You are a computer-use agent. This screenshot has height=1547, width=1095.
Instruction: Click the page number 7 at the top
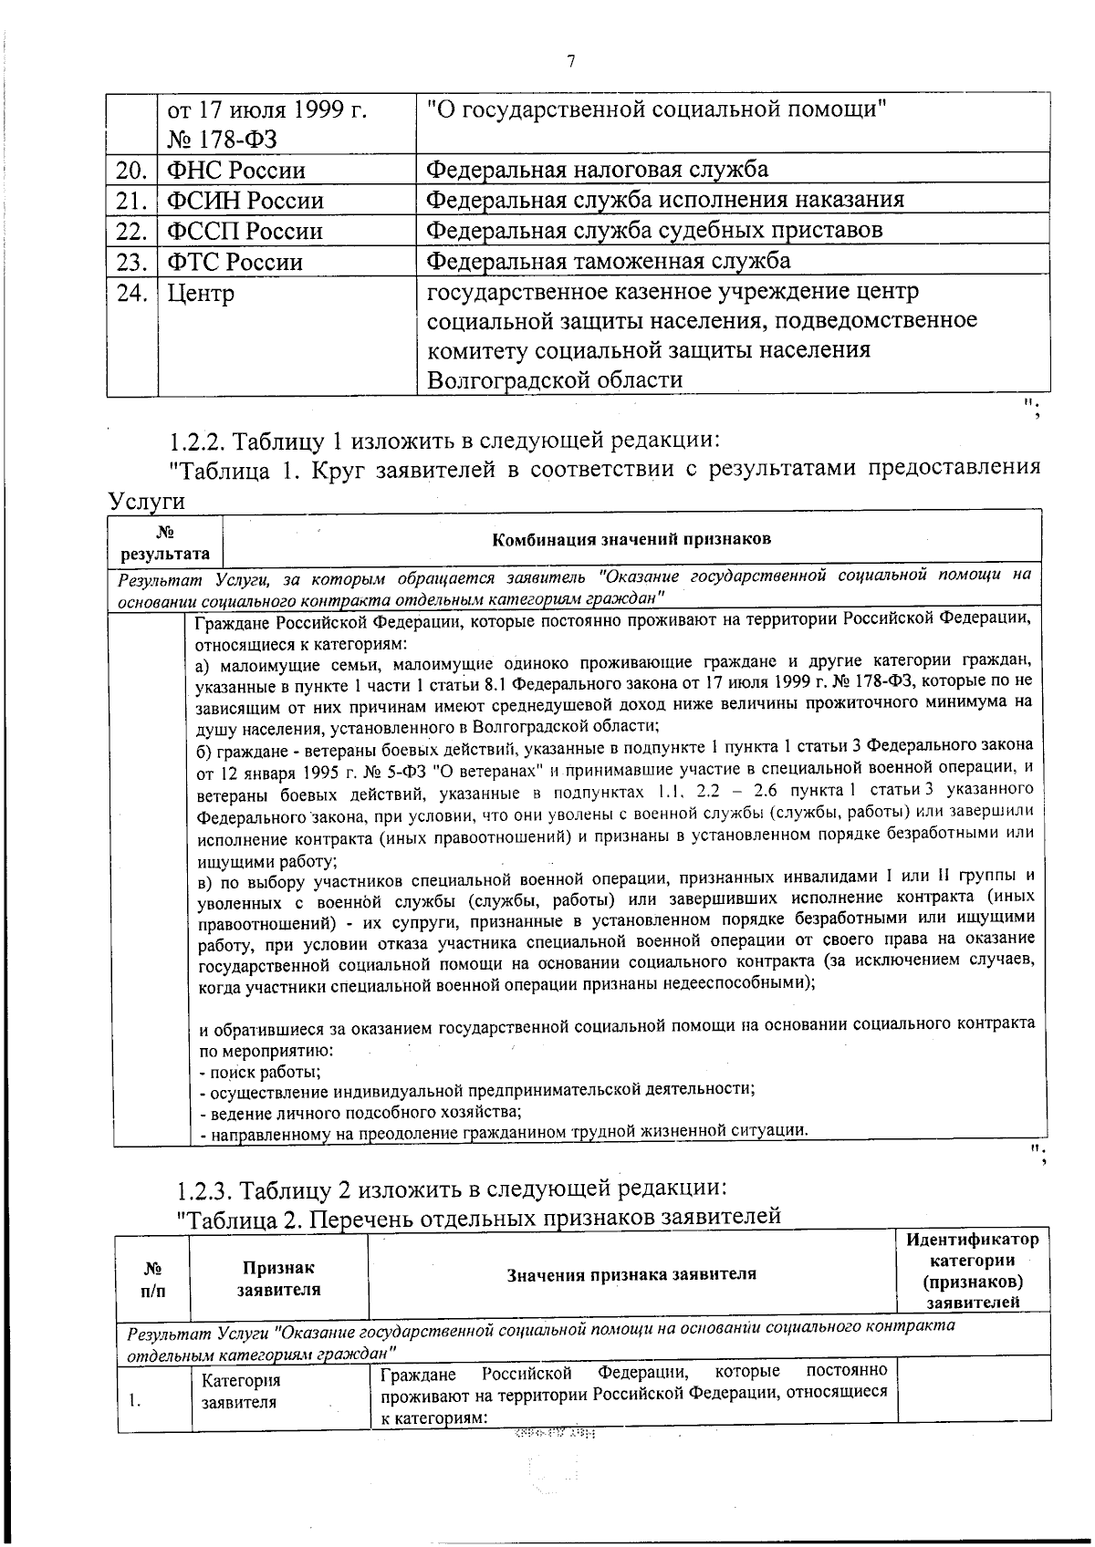571,61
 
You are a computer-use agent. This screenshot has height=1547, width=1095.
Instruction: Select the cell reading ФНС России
235,171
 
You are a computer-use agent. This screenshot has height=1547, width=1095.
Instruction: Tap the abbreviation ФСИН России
245,201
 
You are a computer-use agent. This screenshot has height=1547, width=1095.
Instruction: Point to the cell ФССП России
245,231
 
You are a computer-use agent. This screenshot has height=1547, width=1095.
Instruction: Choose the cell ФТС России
235,263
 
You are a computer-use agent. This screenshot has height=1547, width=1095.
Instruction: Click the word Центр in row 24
201,294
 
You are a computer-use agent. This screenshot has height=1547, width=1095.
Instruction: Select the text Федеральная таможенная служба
609,262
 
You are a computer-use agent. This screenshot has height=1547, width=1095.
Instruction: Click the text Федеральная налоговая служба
598,170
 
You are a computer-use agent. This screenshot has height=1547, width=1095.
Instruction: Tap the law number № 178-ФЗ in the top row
222,140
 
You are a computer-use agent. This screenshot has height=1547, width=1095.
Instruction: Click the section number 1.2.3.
205,1189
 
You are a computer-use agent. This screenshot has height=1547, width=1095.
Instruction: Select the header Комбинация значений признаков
631,538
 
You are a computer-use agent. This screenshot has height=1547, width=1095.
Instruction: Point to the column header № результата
165,543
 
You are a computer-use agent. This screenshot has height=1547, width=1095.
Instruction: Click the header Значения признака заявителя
631,1274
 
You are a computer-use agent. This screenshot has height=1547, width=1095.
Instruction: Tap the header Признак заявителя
278,1278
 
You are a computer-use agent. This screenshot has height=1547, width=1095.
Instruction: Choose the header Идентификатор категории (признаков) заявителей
972,1272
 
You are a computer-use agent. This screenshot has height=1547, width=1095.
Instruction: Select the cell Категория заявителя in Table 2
241,1391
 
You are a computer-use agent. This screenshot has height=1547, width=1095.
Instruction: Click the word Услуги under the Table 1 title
146,501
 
